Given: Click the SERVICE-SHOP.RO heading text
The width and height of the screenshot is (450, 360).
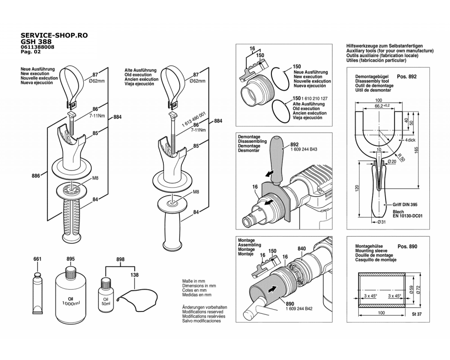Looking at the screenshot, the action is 54,35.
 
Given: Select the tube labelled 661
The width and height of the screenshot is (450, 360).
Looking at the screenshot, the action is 37,293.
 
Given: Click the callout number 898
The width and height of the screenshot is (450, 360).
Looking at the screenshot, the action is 120,259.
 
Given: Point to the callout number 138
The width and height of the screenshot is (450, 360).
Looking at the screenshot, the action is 134,275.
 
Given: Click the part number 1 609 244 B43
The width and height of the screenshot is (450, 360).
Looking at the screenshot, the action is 304,149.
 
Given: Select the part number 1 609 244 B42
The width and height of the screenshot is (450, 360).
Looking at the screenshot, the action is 299,309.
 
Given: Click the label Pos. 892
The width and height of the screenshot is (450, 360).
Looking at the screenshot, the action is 407,76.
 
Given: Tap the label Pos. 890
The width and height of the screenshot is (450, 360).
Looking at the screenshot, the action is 407,247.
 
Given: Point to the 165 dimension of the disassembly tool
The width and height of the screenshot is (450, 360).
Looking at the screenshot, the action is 416,150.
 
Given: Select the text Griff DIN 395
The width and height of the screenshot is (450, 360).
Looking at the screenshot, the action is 405,205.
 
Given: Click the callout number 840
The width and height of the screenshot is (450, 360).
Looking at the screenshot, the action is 301,248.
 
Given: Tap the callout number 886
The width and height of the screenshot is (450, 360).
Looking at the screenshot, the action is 36,175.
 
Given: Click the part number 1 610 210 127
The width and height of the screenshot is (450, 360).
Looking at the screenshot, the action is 314,99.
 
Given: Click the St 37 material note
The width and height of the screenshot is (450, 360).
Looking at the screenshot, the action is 417,314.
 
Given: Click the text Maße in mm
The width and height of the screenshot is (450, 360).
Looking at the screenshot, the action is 193,281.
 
